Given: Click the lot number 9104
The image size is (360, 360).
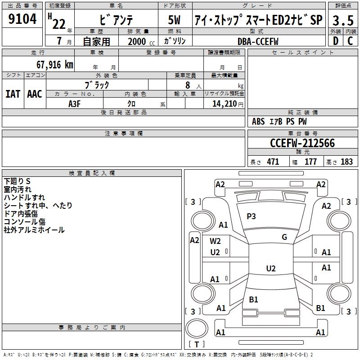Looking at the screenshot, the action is click(x=22, y=19).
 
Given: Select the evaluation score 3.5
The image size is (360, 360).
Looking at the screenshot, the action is click(x=342, y=20).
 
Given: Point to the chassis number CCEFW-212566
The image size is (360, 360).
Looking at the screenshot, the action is click(x=302, y=143).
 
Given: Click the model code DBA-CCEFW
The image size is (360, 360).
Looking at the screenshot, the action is click(x=258, y=41).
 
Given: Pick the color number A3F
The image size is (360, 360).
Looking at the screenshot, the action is click(x=75, y=103).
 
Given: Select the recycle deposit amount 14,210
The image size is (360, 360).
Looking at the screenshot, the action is click(x=223, y=104).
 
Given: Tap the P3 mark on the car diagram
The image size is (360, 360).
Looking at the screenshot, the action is click(x=251, y=216).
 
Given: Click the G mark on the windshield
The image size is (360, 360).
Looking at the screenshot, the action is click(x=284, y=237).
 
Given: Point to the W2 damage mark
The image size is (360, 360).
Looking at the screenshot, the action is click(x=215, y=241).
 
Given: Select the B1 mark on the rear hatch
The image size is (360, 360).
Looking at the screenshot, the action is click(x=253, y=299).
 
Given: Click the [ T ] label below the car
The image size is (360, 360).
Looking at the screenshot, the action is click(x=196, y=345).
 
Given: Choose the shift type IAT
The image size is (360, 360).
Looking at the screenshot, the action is click(x=13, y=94).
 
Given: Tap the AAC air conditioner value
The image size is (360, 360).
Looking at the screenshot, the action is click(x=35, y=94).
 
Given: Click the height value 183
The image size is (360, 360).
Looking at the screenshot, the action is click(x=346, y=162).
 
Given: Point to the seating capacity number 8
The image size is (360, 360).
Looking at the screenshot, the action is click(x=187, y=85).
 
